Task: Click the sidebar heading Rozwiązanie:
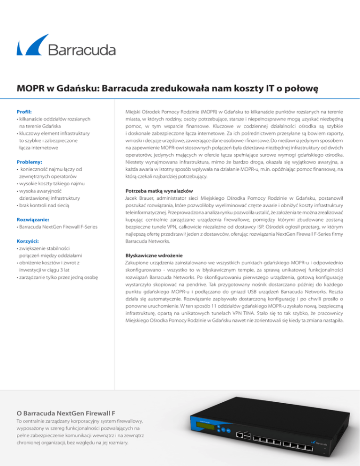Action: click(x=33, y=219)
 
